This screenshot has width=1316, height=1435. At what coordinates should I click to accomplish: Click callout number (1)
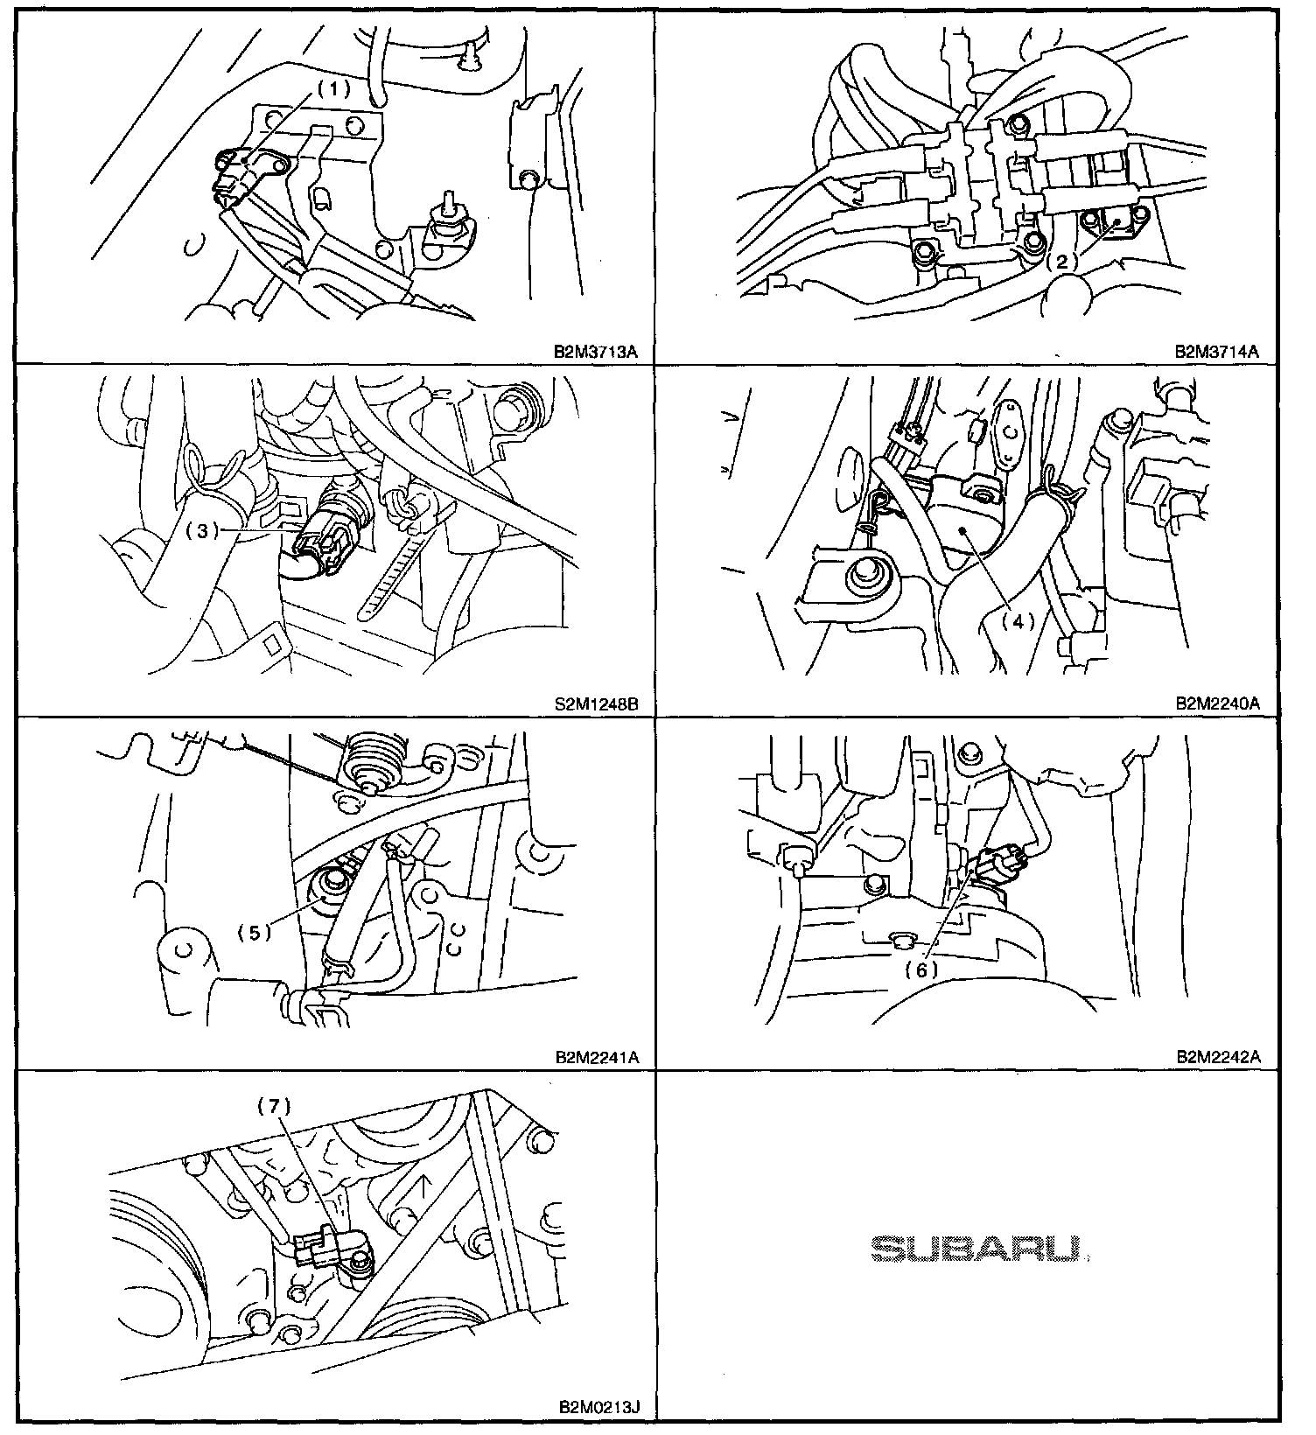point(332,88)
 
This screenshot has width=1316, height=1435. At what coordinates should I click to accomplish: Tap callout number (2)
point(1062,260)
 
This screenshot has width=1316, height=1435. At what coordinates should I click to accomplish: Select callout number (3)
point(202,531)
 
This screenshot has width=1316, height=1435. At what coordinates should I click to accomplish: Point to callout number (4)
point(1018,621)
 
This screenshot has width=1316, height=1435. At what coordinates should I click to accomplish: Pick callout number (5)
point(255,933)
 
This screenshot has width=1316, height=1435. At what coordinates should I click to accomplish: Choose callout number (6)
point(921,969)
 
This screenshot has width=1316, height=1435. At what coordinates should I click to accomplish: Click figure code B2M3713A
point(597,352)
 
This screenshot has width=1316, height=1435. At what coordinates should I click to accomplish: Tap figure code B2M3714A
point(1217,352)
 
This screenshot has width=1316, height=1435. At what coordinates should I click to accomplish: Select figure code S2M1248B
point(597,703)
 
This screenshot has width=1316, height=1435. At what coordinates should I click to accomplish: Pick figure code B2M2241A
point(597,1057)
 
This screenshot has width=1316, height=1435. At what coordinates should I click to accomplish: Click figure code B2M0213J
point(599,1408)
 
